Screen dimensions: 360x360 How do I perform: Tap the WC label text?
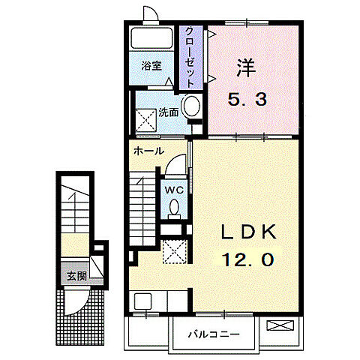coord(173,189)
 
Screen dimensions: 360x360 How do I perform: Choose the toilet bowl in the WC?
coord(174,208)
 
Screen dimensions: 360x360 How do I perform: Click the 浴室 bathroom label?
coord(152,66)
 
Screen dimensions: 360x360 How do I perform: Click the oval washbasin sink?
coord(191,107)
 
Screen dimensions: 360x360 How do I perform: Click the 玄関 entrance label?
coord(76,275)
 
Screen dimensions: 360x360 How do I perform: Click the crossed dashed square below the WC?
coord(175,251)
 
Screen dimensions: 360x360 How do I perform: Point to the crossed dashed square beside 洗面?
coord(144,117)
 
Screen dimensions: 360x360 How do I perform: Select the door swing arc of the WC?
coord(177,162)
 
